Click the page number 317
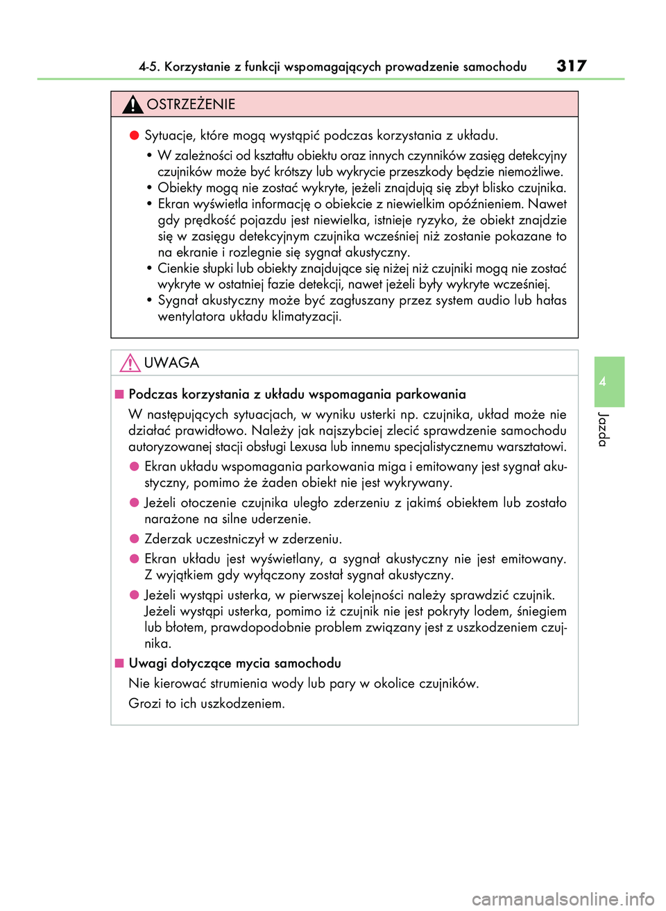click(x=571, y=66)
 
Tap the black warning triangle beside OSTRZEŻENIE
click(x=133, y=105)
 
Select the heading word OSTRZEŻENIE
click(x=191, y=105)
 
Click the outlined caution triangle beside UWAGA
click(x=130, y=363)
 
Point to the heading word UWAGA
click(x=171, y=363)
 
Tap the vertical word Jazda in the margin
click(x=603, y=429)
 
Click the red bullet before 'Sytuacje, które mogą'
click(x=135, y=135)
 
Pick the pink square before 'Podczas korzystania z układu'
click(x=119, y=395)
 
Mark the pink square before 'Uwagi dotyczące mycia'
click(x=119, y=663)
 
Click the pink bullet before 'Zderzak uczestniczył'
click(x=135, y=538)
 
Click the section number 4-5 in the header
click(x=148, y=67)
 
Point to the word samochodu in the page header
click(x=495, y=67)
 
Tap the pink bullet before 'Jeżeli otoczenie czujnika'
click(x=135, y=502)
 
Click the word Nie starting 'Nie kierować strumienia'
click(x=139, y=683)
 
